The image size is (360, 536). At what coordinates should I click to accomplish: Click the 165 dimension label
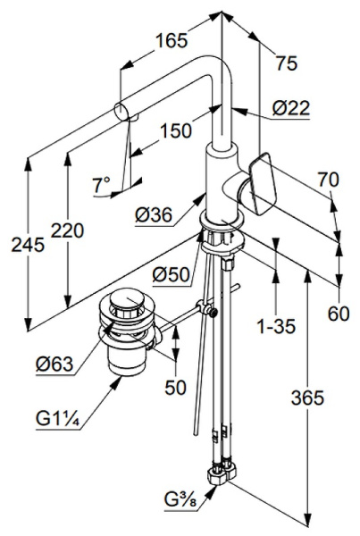click(172, 40)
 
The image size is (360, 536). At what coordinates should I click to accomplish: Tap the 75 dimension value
click(287, 63)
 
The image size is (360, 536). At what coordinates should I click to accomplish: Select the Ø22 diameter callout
click(291, 108)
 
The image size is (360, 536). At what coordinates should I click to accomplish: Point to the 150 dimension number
click(176, 130)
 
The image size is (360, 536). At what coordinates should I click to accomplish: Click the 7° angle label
click(101, 185)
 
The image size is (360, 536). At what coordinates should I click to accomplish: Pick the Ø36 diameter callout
click(153, 215)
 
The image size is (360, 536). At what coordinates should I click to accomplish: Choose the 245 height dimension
click(28, 245)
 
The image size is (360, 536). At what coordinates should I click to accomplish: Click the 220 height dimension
click(67, 230)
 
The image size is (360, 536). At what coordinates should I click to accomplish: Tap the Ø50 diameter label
click(171, 274)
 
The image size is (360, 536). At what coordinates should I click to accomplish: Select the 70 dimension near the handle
click(328, 180)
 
